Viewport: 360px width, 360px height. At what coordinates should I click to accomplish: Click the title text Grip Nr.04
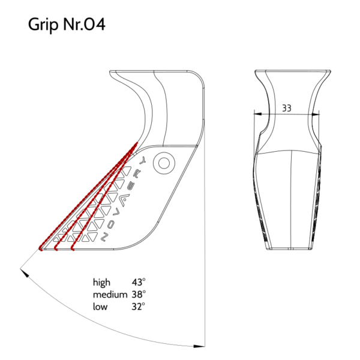click(x=67, y=25)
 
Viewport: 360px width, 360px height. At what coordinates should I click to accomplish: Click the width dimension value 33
click(x=287, y=108)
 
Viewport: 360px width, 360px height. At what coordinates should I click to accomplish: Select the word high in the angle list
click(x=101, y=283)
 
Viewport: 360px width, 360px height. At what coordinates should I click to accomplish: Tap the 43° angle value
click(x=139, y=282)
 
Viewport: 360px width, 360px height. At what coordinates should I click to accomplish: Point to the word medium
click(x=110, y=295)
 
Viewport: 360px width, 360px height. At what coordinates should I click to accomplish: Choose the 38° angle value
click(x=139, y=295)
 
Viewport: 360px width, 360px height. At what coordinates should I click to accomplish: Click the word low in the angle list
click(x=100, y=307)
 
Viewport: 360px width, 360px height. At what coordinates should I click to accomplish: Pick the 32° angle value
click(x=139, y=307)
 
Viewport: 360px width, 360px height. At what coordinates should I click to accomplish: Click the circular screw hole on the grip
click(x=164, y=163)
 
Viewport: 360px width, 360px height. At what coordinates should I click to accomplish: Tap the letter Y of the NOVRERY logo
click(x=143, y=160)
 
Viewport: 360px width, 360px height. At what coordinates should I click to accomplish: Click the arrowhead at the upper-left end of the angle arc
click(x=25, y=273)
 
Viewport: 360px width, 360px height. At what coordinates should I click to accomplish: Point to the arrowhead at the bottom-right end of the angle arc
click(x=199, y=346)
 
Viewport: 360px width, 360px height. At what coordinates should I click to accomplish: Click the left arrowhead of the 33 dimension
click(x=258, y=113)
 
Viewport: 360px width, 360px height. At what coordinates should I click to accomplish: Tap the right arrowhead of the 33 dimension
click(x=315, y=114)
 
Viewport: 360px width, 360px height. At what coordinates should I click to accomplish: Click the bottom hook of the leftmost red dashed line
click(x=41, y=248)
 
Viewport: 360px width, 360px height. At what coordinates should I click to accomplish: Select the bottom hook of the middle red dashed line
click(x=56, y=248)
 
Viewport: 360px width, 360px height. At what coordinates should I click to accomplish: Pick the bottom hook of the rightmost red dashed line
click(x=73, y=248)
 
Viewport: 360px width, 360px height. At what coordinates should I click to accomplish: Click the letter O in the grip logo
click(x=110, y=224)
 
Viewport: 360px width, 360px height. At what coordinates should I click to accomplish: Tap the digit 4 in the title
click(x=100, y=25)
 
